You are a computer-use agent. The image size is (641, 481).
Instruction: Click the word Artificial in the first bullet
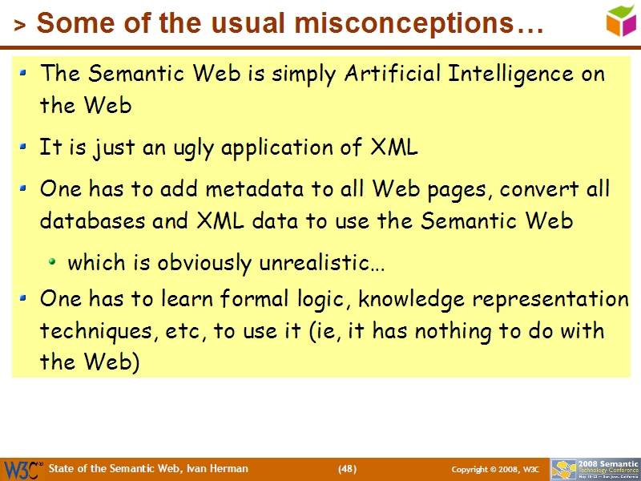coord(392,74)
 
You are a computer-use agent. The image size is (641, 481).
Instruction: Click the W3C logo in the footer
coord(22,469)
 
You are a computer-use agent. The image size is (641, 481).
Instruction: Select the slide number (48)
coord(347,468)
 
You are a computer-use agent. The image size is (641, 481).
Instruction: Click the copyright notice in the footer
coord(495,469)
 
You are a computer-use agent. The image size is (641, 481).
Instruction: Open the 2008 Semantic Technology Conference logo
coord(595,469)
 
